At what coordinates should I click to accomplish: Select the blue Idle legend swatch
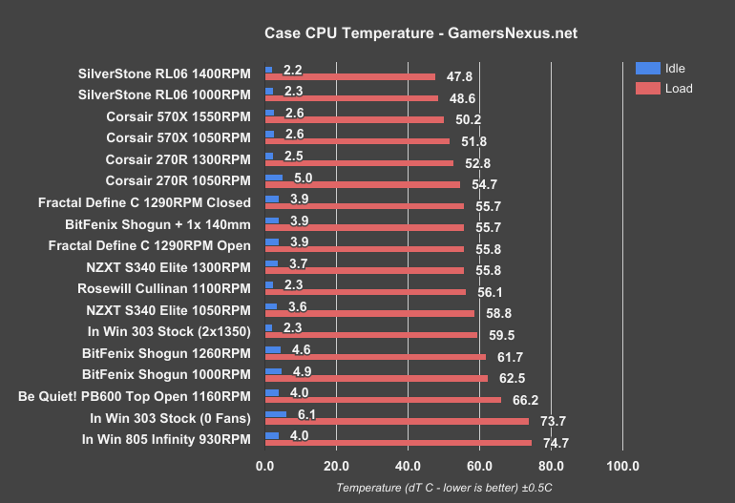[648, 68]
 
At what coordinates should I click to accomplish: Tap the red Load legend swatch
[648, 89]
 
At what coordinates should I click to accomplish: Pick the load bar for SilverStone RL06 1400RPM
[349, 77]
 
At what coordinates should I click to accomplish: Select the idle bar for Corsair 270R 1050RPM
[274, 178]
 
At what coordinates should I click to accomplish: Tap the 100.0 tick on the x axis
[622, 467]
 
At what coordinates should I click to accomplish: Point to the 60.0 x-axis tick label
[479, 467]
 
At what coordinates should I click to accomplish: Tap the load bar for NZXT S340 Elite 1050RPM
[369, 313]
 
